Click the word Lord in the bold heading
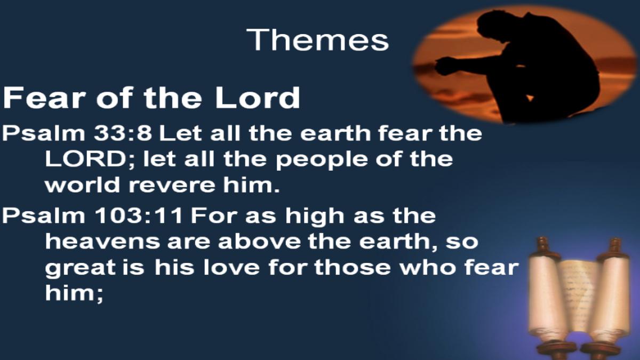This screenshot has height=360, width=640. coord(258,98)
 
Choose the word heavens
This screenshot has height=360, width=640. coord(102,242)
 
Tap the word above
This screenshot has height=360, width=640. coord(259,242)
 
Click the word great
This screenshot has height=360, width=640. coord(81,269)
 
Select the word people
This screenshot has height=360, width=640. coord(322,161)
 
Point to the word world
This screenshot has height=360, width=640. coord(83,185)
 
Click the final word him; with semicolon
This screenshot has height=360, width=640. coord(74,294)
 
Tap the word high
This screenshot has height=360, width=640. coord(315,217)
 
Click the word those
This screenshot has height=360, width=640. coord(353,267)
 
